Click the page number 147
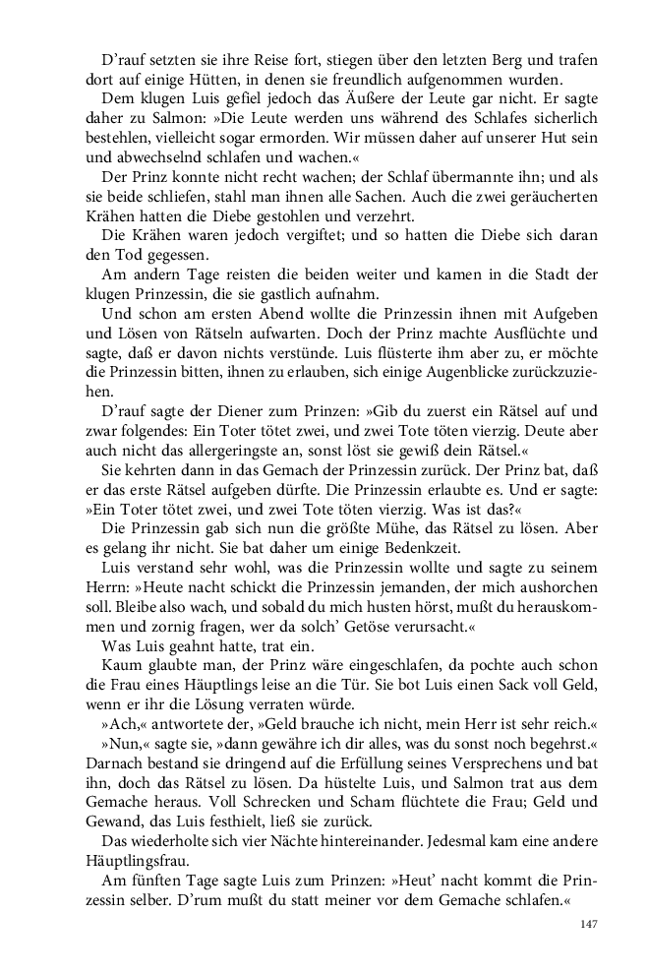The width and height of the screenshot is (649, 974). click(x=589, y=924)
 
